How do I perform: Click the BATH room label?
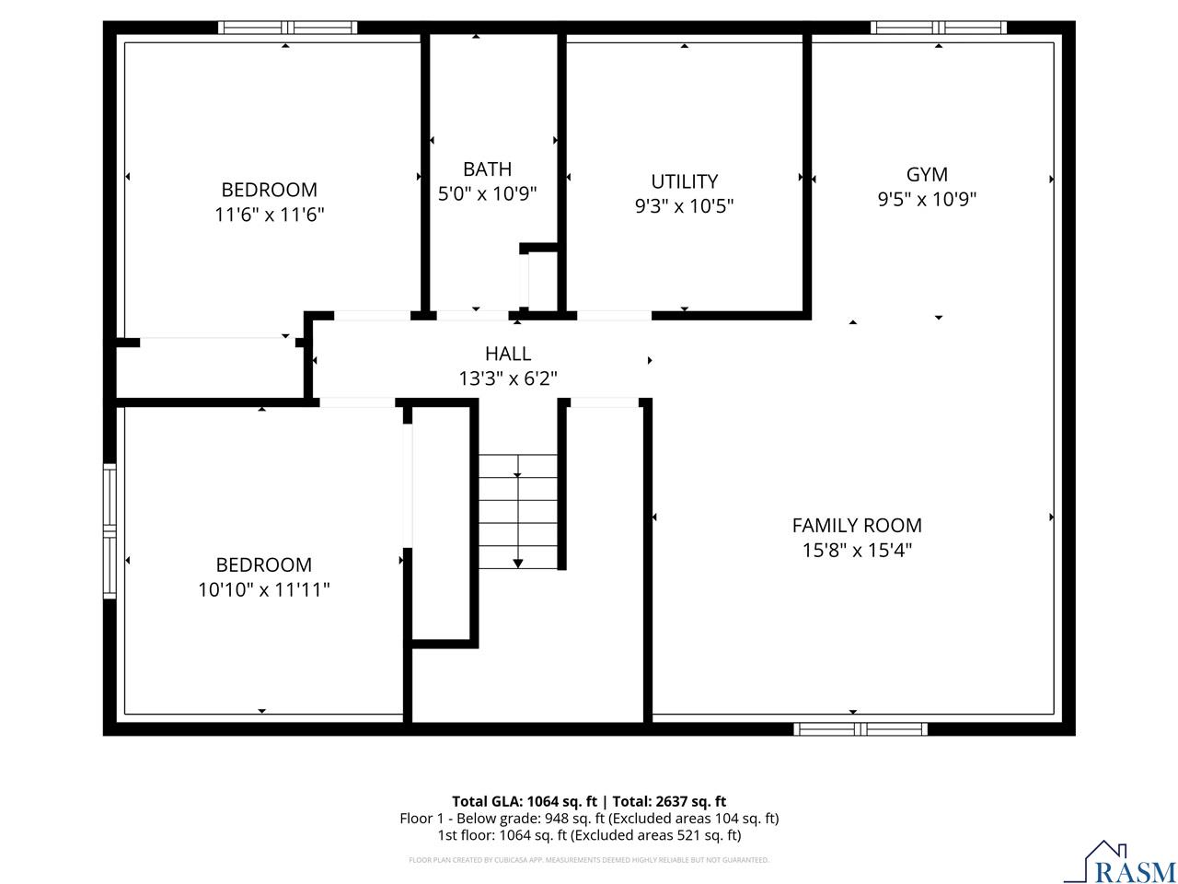click(487, 169)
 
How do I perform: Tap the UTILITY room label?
click(684, 181)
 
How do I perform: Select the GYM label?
click(927, 174)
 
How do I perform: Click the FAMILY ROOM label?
click(857, 525)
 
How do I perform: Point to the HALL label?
click(508, 354)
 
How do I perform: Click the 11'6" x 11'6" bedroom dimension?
click(270, 215)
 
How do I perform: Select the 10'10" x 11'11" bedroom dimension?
click(264, 589)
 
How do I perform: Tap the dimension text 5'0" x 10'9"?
click(487, 194)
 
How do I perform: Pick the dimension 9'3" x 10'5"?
click(684, 206)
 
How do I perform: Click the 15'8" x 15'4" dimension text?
click(857, 551)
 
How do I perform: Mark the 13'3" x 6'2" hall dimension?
click(508, 378)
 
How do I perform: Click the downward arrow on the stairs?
click(517, 562)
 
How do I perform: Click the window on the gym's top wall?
click(939, 28)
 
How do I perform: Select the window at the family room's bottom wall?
click(860, 729)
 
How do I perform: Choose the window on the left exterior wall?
click(110, 531)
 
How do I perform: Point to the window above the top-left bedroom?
click(287, 28)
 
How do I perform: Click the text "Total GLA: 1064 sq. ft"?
click(524, 801)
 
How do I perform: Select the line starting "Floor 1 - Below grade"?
click(589, 819)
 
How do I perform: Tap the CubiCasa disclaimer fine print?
click(589, 860)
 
